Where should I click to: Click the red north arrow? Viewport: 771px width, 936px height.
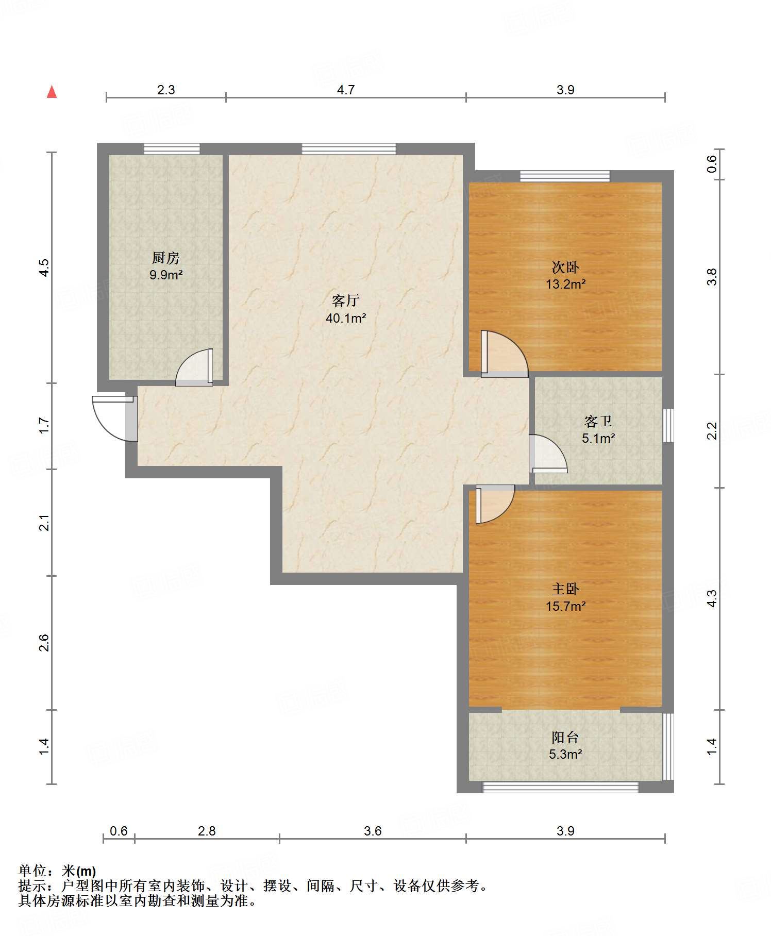pyautogui.click(x=52, y=92)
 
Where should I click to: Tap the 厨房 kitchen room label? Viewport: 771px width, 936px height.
pyautogui.click(x=166, y=257)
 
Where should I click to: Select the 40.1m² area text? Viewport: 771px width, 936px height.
pyautogui.click(x=346, y=318)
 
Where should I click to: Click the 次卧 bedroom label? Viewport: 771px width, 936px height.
pyautogui.click(x=565, y=267)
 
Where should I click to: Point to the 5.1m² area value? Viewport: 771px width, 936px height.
pyautogui.click(x=598, y=438)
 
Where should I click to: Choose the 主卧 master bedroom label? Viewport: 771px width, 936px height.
pyautogui.click(x=565, y=589)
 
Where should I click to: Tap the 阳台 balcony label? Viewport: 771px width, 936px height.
pyautogui.click(x=565, y=737)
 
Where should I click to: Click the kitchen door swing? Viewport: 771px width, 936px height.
pyautogui.click(x=194, y=367)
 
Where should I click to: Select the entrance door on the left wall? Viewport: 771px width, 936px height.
pyautogui.click(x=115, y=419)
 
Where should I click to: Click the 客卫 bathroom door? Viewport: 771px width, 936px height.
pyautogui.click(x=548, y=454)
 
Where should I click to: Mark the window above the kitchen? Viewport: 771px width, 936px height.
pyautogui.click(x=172, y=149)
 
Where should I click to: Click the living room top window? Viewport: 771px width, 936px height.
pyautogui.click(x=349, y=149)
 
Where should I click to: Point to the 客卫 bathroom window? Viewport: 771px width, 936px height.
pyautogui.click(x=668, y=425)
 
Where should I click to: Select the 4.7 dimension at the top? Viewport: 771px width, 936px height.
pyautogui.click(x=346, y=90)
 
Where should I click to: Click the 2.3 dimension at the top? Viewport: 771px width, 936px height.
pyautogui.click(x=166, y=90)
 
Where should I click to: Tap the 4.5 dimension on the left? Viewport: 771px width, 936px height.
pyautogui.click(x=44, y=268)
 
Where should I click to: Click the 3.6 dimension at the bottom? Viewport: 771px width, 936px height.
pyautogui.click(x=373, y=831)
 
